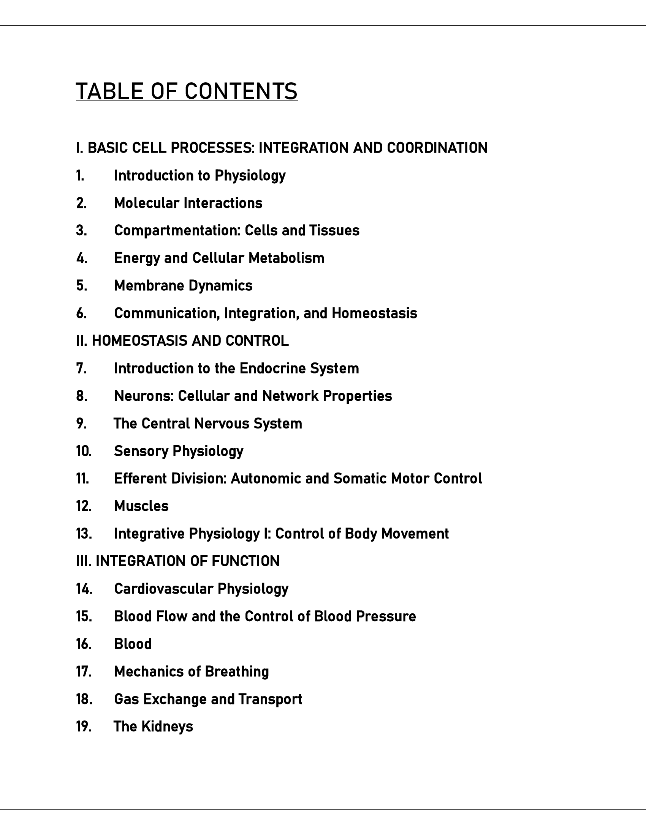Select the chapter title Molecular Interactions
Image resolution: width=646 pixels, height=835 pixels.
(x=188, y=203)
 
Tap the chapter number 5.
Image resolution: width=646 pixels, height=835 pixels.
(x=82, y=285)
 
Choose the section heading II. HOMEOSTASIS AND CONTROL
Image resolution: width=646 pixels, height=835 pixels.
(x=182, y=341)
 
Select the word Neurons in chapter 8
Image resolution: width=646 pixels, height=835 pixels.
(x=144, y=396)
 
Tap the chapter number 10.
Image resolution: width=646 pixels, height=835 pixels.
(x=84, y=451)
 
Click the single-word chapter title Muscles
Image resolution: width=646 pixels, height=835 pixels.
(x=141, y=506)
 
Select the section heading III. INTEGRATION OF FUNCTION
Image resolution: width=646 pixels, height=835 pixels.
(x=177, y=561)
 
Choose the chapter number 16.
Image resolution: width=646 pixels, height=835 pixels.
(x=84, y=644)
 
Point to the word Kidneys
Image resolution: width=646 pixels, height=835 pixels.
(x=167, y=727)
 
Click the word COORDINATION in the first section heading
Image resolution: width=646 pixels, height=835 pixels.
(x=437, y=148)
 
